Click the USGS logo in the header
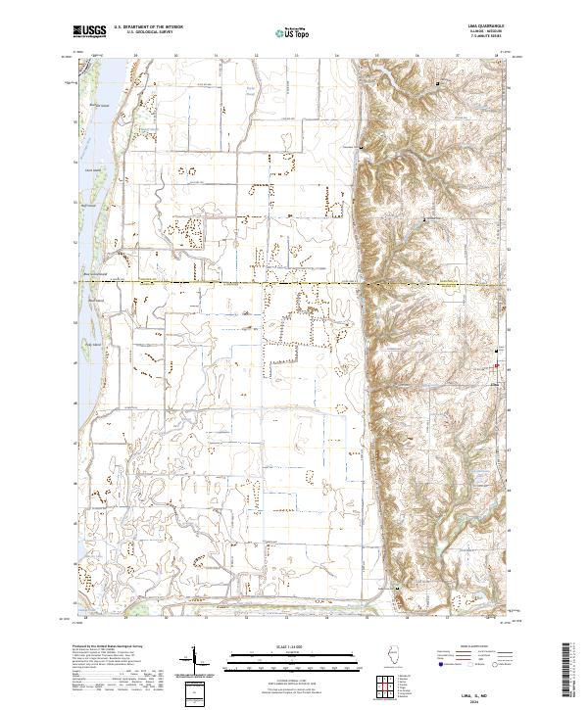[90, 31]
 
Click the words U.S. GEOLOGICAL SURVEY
[142, 32]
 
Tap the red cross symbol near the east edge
[496, 367]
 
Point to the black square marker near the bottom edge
[397, 588]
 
